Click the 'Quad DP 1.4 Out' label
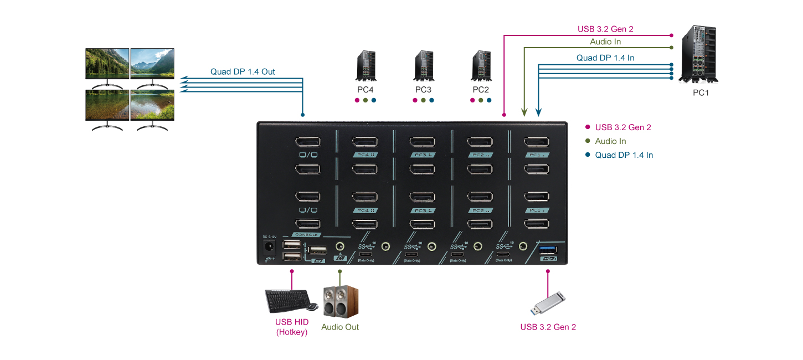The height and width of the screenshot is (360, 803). click(243, 71)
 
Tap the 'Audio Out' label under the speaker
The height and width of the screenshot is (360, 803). click(340, 327)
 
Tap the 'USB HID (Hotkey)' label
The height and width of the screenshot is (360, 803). click(292, 327)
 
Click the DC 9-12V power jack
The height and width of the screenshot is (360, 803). click(270, 246)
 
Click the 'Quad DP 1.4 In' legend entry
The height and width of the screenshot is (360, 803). click(624, 155)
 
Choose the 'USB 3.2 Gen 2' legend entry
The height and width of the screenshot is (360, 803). click(622, 127)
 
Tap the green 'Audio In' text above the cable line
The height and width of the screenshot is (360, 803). click(605, 42)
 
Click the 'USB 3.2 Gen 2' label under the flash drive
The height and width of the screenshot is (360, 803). click(548, 327)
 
